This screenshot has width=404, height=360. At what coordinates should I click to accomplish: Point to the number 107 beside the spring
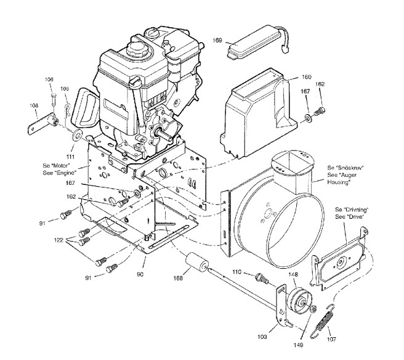pos(332,339)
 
